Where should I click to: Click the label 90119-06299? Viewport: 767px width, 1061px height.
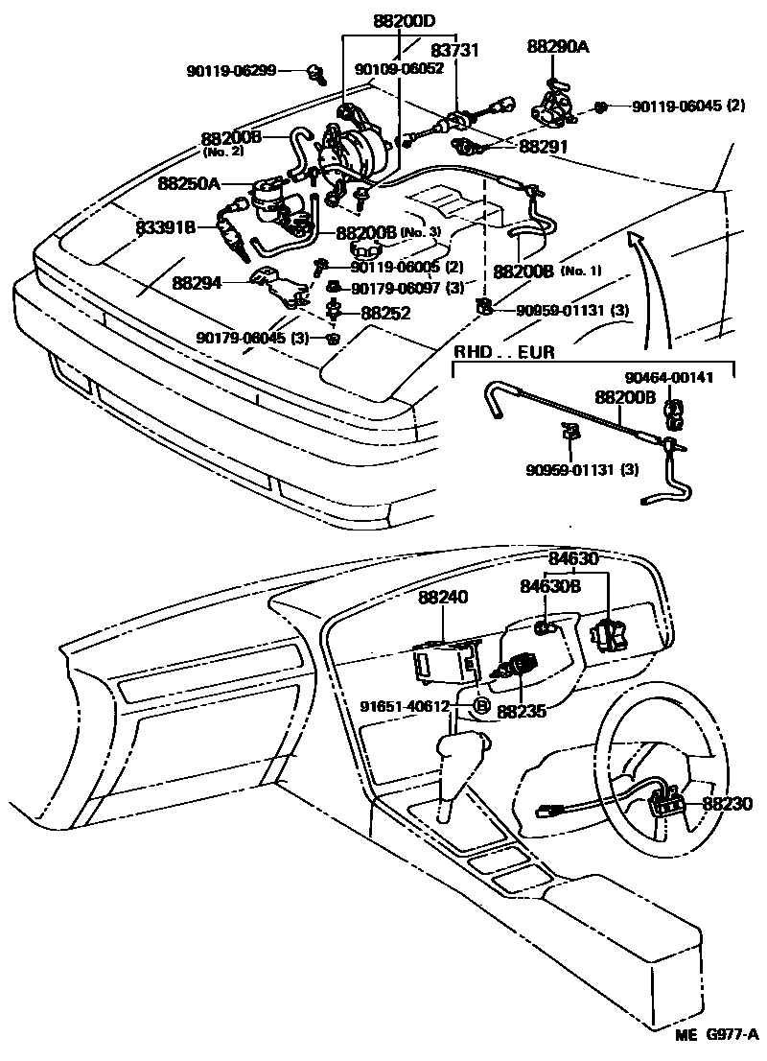click(231, 70)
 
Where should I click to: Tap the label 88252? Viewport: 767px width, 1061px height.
click(385, 313)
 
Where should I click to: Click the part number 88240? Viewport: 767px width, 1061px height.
click(443, 597)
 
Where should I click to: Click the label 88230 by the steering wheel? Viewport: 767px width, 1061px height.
click(728, 804)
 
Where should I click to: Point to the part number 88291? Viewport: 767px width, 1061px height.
click(544, 147)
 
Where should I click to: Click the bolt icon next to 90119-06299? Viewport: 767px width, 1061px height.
click(316, 70)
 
